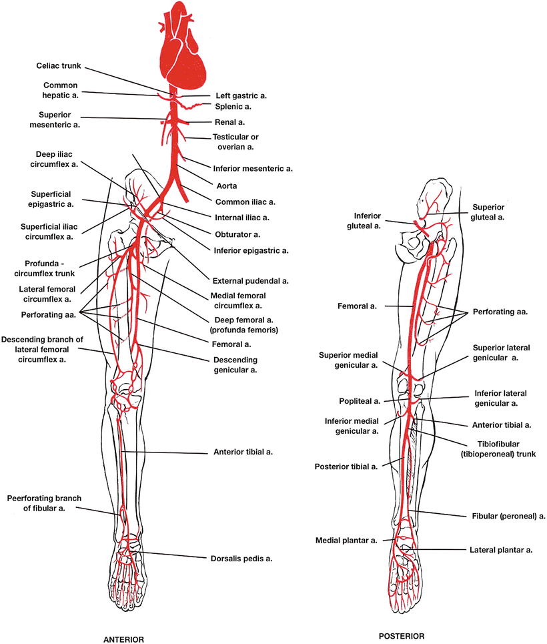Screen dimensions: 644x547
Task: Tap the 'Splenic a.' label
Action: pos(234,106)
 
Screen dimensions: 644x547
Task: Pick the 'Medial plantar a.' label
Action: pos(346,539)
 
